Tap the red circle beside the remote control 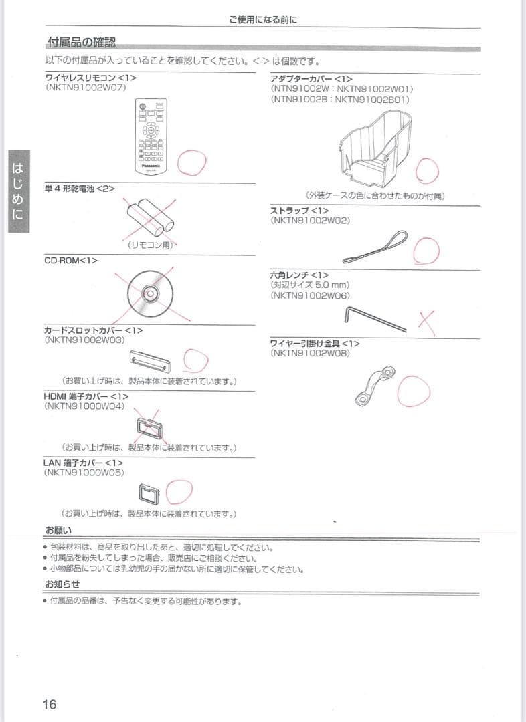point(191,160)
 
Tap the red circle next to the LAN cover point(179,492)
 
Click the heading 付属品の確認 point(82,43)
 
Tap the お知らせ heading point(62,584)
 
